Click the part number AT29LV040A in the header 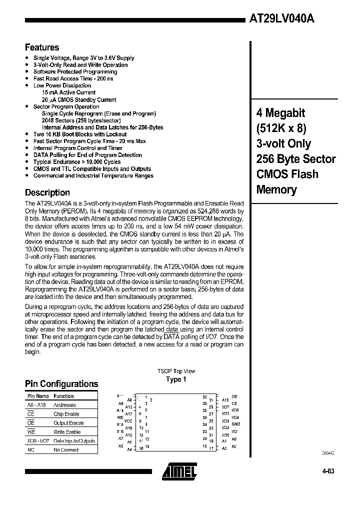(281, 19)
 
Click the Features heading (42, 47)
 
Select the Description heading (47, 192)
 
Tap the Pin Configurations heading (61, 384)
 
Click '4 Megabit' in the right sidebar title (280, 113)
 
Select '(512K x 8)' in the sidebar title (281, 128)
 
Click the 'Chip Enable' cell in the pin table (66, 414)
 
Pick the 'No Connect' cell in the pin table (66, 450)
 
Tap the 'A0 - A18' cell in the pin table (36, 405)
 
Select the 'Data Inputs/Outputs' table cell (74, 441)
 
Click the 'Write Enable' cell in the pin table (67, 432)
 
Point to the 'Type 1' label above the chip (176, 379)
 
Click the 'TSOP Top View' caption (176, 371)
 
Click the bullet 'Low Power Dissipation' (62, 85)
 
